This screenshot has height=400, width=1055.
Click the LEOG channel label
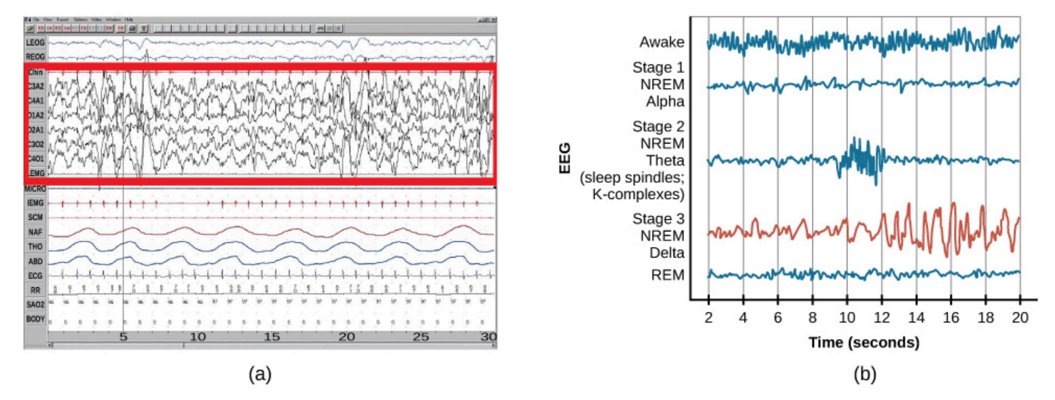pyautogui.click(x=36, y=42)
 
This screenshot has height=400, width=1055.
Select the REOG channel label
pyautogui.click(x=36, y=56)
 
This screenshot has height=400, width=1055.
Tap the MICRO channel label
pyautogui.click(x=35, y=189)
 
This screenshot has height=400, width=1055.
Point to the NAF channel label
pyautogui.click(x=36, y=232)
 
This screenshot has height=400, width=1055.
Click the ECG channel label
pyautogui.click(x=36, y=275)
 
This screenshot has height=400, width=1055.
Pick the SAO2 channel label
pyautogui.click(x=36, y=304)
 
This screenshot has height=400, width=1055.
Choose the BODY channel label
pyautogui.click(x=36, y=319)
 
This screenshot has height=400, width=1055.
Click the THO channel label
pyautogui.click(x=36, y=246)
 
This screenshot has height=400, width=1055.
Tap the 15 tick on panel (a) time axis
pyautogui.click(x=272, y=337)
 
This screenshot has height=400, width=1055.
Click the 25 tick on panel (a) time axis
pyautogui.click(x=420, y=337)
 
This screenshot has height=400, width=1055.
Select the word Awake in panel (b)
pyautogui.click(x=662, y=42)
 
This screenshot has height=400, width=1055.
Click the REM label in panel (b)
pyautogui.click(x=667, y=275)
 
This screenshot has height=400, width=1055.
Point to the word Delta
pyautogui.click(x=666, y=253)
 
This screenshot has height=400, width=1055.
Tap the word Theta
pyautogui.click(x=665, y=160)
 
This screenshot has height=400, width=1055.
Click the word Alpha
pyautogui.click(x=665, y=101)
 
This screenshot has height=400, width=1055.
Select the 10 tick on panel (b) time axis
pyautogui.click(x=847, y=317)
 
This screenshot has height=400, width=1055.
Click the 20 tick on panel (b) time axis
pyautogui.click(x=1020, y=317)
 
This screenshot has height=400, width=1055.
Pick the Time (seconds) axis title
pyautogui.click(x=864, y=343)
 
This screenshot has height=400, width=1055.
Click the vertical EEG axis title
pyautogui.click(x=565, y=158)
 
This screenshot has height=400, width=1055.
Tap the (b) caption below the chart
pyautogui.click(x=864, y=374)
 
